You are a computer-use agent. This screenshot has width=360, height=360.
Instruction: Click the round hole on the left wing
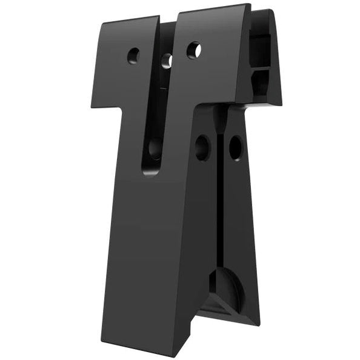coord(133,56)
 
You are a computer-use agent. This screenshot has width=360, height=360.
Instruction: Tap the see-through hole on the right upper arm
coord(193,50)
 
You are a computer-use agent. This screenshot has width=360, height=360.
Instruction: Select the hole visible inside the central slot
coord(167,61)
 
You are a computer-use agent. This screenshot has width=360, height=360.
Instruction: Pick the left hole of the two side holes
coord(202,147)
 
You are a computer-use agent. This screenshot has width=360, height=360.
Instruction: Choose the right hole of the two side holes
coord(235,147)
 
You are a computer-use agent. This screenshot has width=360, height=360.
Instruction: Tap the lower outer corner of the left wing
coord(92,107)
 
